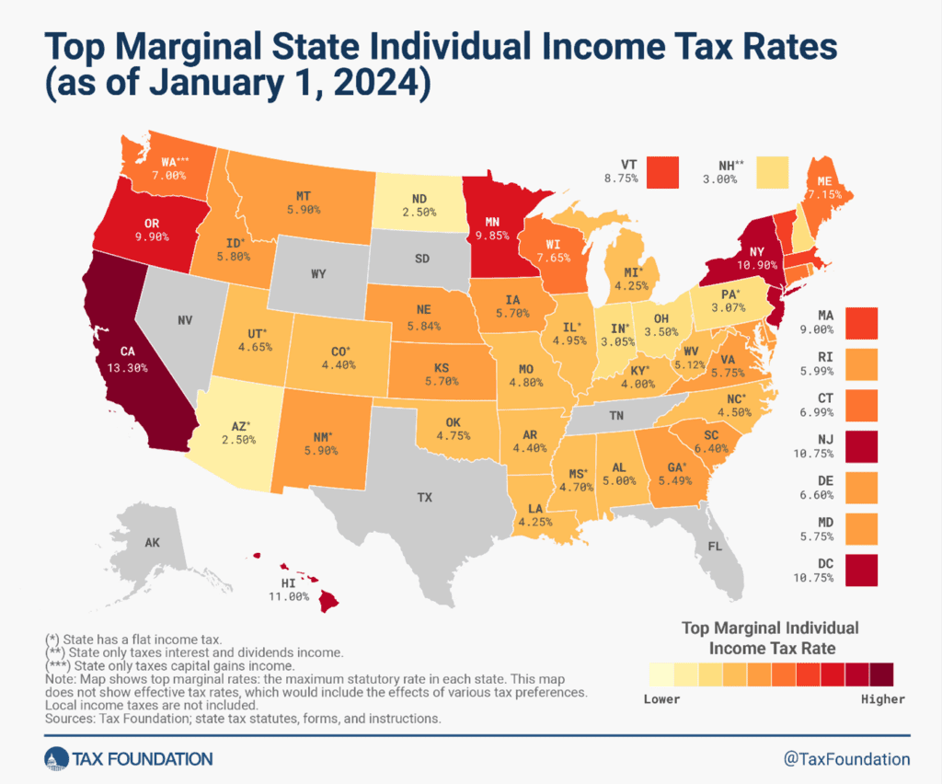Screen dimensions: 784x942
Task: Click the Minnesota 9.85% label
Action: tap(492, 236)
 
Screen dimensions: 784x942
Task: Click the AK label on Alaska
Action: tap(153, 544)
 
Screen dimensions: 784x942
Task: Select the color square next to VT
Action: tap(661, 172)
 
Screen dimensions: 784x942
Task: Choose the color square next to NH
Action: tap(771, 172)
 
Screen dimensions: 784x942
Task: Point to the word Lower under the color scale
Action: tap(661, 699)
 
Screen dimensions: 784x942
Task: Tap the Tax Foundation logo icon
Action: tap(56, 759)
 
